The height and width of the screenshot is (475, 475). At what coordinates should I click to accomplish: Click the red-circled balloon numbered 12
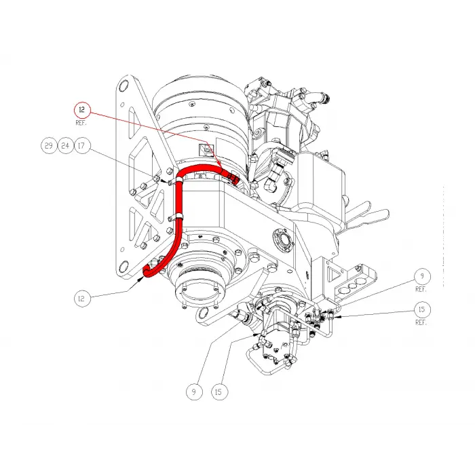pos(82,109)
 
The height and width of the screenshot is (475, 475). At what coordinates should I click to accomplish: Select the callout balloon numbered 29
pos(48,145)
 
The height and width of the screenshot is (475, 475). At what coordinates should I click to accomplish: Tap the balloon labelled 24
pos(65,145)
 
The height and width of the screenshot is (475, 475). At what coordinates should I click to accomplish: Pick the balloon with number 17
pos(82,145)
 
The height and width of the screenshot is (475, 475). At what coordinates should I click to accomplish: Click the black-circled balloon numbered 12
pos(82,297)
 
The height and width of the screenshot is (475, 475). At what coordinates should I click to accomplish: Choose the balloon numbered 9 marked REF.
pos(421,276)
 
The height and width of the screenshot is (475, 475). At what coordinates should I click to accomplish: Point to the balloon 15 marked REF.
pos(421,309)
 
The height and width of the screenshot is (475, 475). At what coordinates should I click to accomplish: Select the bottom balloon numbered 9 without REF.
pos(195,391)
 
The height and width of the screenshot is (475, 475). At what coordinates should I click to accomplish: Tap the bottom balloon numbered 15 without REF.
pos(219,391)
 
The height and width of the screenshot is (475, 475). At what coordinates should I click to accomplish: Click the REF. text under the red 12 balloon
pos(82,123)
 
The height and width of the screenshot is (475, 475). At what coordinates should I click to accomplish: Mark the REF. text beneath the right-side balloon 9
pos(421,289)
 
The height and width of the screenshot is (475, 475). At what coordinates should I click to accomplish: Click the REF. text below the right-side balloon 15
pos(421,322)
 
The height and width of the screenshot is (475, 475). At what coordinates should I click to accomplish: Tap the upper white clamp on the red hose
pos(180,179)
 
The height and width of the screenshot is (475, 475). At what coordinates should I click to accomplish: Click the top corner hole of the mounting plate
pos(124,88)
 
